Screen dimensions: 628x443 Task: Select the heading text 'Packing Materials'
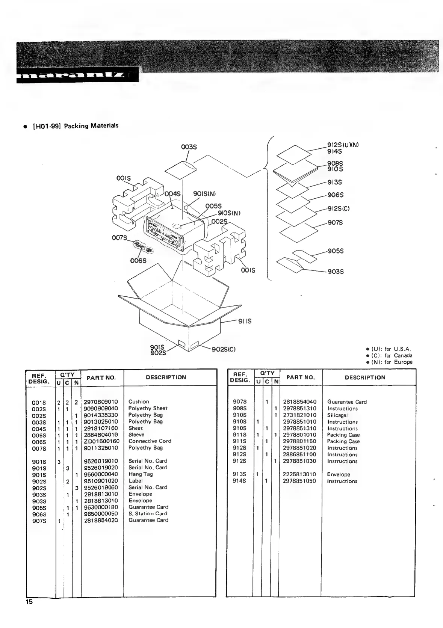[x=91, y=125]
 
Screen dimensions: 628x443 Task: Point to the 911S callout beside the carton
[x=245, y=321]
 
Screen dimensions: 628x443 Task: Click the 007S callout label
[x=119, y=238]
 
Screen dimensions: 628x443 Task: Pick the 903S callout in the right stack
[x=336, y=272]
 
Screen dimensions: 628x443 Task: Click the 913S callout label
[x=335, y=182]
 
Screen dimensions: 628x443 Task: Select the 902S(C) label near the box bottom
[x=224, y=349]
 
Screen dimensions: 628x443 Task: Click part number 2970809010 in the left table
[x=101, y=402]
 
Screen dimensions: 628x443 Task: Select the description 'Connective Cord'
[x=150, y=441]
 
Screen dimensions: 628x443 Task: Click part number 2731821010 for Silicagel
[x=299, y=415]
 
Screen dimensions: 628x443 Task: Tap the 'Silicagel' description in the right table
[x=337, y=415]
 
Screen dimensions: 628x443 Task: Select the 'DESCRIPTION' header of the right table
[x=365, y=377]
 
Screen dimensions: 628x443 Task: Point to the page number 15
[x=29, y=602]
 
